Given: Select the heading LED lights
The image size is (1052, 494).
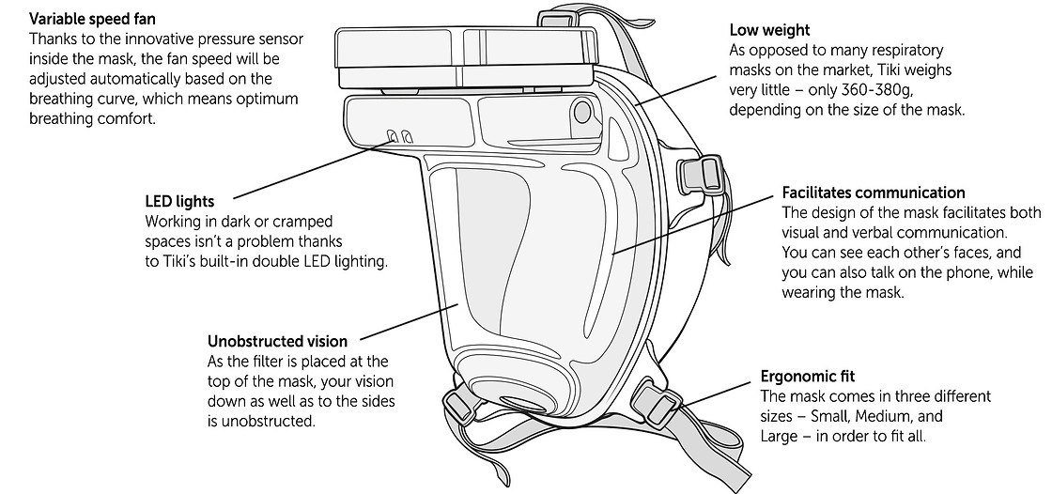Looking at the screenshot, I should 179,201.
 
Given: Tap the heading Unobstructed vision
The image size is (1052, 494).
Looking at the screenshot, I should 277,341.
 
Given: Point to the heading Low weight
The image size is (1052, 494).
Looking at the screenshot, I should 769,31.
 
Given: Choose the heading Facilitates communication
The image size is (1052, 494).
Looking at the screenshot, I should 874,193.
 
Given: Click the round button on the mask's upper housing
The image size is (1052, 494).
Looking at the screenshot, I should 581,112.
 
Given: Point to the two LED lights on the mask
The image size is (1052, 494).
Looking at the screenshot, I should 401,138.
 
